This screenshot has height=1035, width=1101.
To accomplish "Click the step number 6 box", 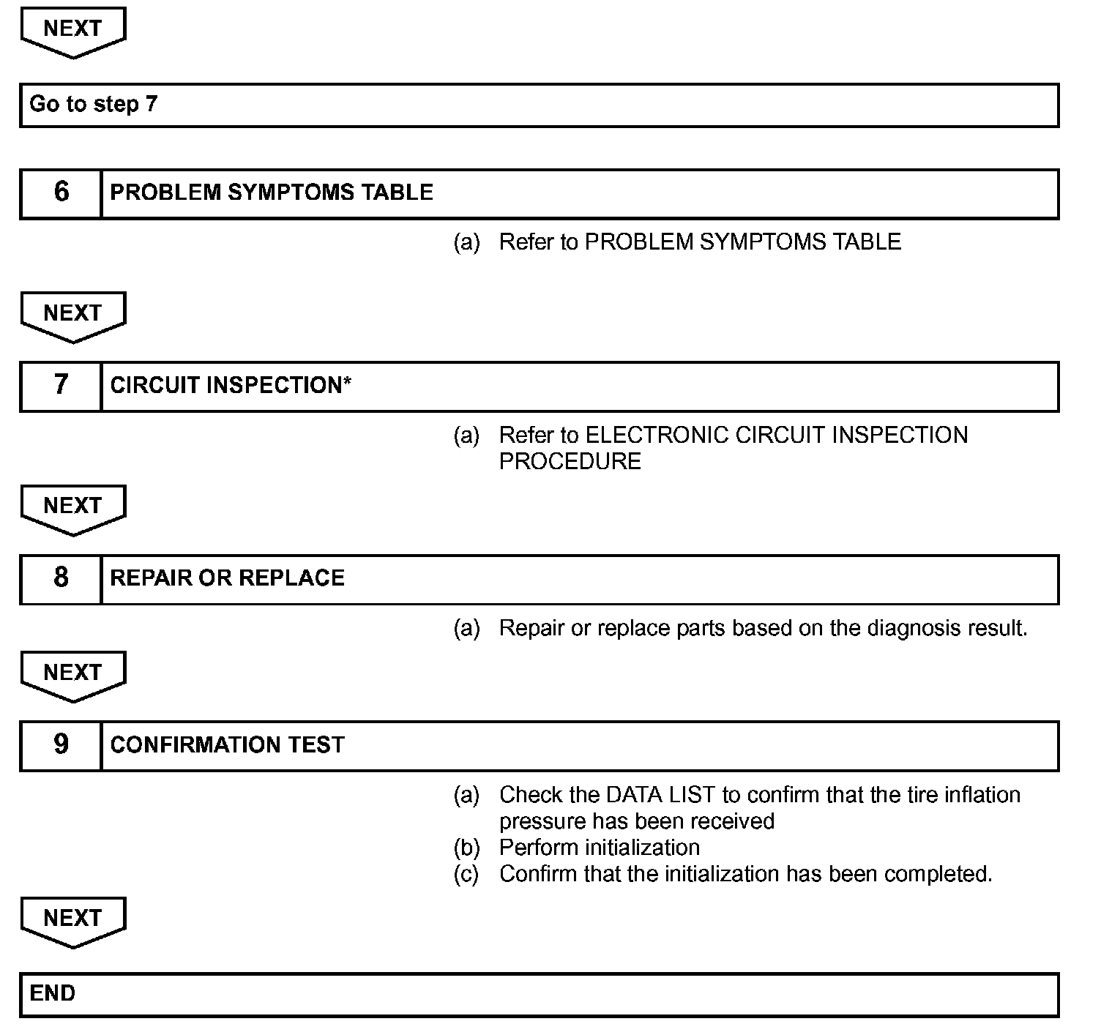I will (x=61, y=193).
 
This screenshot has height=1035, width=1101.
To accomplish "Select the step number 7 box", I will (x=61, y=386).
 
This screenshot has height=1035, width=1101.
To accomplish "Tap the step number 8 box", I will (x=61, y=579).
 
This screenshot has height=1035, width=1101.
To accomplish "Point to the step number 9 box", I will (x=61, y=745).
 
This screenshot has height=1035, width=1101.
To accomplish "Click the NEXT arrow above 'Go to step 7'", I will (x=73, y=31).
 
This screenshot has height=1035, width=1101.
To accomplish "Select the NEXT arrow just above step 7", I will (x=73, y=315).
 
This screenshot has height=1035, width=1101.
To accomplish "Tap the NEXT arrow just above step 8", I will (x=73, y=509).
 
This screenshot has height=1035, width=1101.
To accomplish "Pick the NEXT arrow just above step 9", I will (x=73, y=675).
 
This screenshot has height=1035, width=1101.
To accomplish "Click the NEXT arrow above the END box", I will (x=73, y=921).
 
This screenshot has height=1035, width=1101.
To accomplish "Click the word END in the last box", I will (x=53, y=993).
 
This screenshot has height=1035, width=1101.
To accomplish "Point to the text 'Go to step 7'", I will (x=93, y=104).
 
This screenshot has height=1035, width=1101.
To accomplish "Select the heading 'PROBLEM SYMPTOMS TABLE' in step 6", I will (x=272, y=193).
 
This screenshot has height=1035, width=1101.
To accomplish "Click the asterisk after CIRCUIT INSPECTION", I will (x=347, y=382).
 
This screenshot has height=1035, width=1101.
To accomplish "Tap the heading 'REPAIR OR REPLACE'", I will (x=227, y=578).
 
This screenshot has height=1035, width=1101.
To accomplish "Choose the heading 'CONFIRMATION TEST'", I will (x=227, y=745).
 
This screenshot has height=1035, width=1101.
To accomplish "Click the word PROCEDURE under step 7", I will (x=570, y=461).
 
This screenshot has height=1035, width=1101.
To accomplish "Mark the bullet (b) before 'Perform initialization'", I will (x=466, y=848).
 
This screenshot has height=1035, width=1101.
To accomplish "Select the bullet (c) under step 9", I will (x=466, y=874).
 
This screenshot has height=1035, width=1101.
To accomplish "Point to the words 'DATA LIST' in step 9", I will (x=660, y=795).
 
